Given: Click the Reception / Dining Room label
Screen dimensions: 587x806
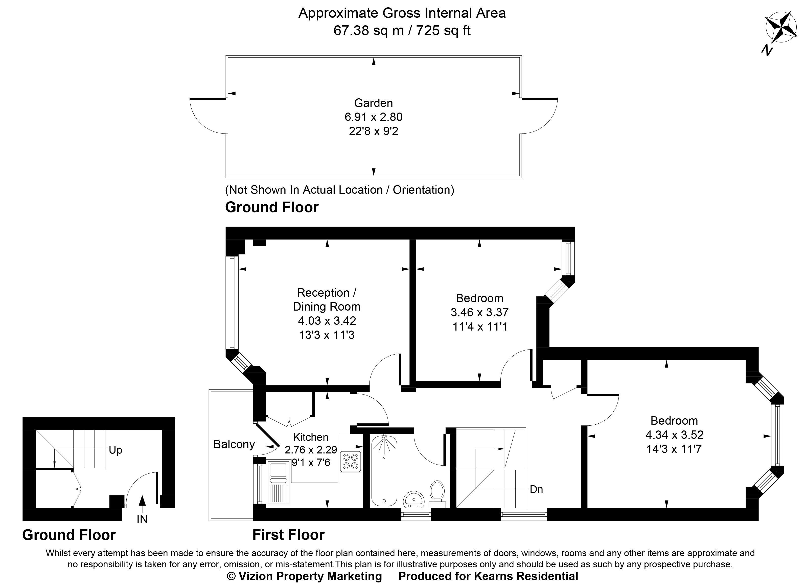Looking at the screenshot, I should click(x=326, y=299).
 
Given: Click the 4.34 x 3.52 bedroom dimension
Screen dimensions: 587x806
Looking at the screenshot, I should click(x=674, y=434).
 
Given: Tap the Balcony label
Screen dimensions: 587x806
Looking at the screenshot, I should click(x=234, y=444).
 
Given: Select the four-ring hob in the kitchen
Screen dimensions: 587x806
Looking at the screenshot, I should click(x=350, y=461).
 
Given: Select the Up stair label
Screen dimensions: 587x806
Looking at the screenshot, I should click(x=115, y=450).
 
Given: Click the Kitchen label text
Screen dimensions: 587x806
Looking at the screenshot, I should click(x=311, y=437).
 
